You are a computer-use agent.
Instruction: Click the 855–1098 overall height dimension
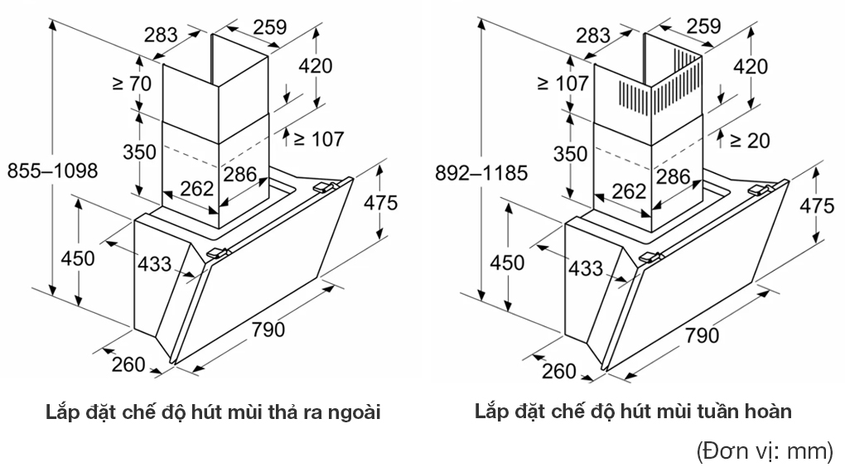pyautogui.click(x=52, y=171)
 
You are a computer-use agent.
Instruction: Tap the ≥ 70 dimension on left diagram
pyautogui.click(x=132, y=84)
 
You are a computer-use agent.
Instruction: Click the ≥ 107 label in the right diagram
pyautogui.click(x=563, y=84)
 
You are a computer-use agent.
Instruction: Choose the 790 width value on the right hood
pyautogui.click(x=701, y=335)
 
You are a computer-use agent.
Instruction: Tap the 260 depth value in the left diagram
pyautogui.click(x=128, y=364)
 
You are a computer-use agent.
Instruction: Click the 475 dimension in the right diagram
pyautogui.click(x=816, y=205)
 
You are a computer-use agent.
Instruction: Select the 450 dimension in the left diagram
pyautogui.click(x=78, y=258)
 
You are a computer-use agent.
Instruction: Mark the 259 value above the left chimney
pyautogui.click(x=269, y=26)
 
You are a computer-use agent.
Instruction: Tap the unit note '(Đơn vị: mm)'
pyautogui.click(x=764, y=451)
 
